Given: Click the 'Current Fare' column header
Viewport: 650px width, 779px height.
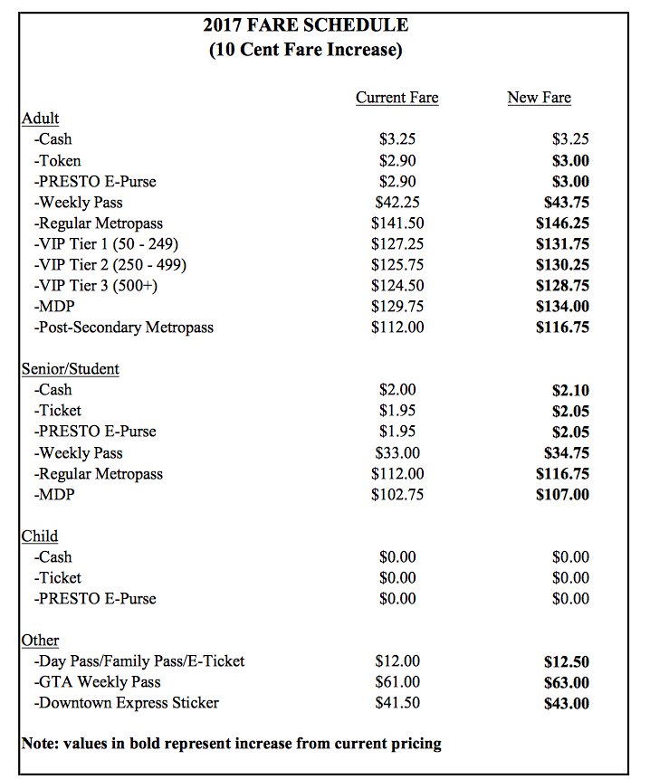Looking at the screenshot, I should point(397,98).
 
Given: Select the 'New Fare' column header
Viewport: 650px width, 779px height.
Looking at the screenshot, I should point(539,98).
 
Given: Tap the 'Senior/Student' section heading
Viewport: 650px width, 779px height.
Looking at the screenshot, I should point(71,369).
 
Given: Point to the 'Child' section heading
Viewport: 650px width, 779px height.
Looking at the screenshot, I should point(40,537).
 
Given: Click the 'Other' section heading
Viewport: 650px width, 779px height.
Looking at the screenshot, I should point(40,641).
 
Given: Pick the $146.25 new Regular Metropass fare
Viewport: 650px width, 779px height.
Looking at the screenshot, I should point(562,223).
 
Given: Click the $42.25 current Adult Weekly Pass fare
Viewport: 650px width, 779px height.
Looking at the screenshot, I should point(397,202).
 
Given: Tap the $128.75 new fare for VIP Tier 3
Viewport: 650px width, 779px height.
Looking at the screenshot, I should point(562,285).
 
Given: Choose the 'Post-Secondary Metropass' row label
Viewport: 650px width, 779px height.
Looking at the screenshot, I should point(124,327).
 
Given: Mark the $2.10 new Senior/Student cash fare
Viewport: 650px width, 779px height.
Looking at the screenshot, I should point(570,390).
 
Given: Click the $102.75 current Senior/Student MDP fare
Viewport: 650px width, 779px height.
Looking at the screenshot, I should point(397,495).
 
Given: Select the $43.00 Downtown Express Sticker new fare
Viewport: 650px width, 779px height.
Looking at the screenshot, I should point(566,703).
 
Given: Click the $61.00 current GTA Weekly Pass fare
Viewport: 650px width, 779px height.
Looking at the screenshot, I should point(397,682).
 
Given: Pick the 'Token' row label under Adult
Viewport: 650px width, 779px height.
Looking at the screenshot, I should point(58,160).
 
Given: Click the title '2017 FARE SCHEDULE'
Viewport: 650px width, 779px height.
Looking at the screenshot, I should point(306,25).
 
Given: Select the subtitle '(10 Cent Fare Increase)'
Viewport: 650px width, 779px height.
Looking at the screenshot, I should point(306,50).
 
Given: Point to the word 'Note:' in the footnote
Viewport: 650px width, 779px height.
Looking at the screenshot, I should point(41,744).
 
